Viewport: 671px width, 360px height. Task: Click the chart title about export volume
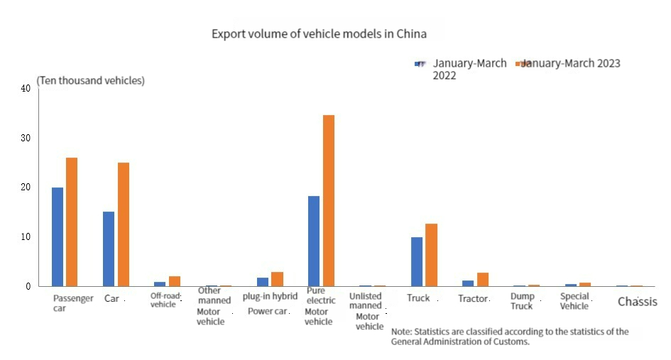pos(319,34)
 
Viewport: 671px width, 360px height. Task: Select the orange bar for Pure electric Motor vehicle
pos(328,200)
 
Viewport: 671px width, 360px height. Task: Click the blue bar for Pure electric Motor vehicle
pos(313,241)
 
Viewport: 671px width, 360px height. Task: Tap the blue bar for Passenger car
pos(57,236)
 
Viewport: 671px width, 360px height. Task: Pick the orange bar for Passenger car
pos(72,222)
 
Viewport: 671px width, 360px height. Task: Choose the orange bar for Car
pos(124,224)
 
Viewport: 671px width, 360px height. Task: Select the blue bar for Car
pos(109,249)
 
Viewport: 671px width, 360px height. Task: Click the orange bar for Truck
pos(431,255)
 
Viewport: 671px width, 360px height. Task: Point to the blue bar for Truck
pos(417,261)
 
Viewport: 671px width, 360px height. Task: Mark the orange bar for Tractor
pos(482,279)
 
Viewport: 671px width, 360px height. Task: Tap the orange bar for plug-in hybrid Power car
pos(277,279)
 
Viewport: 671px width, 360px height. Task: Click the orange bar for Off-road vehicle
pos(175,281)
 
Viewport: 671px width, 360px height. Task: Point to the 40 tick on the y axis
pos(26,89)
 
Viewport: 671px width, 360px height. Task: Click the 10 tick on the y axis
pos(26,236)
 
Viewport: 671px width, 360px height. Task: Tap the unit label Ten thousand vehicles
pos(91,81)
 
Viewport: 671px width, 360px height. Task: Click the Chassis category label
pos(637,302)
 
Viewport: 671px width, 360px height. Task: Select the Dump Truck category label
pos(521,302)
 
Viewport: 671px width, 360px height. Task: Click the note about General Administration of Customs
pos(510,337)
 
